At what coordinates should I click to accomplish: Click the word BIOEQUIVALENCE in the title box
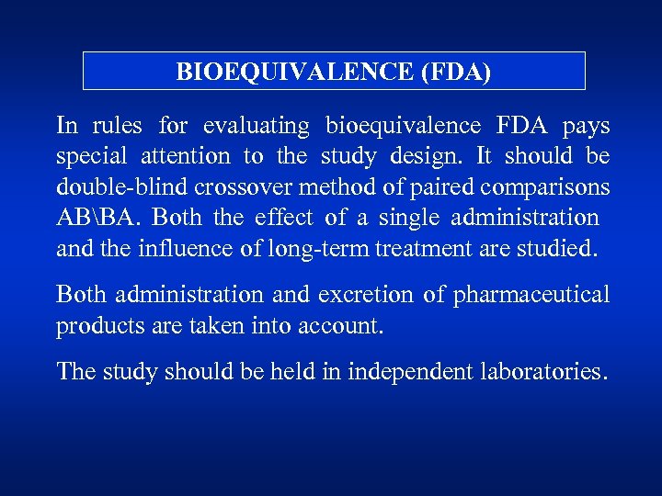click(x=293, y=72)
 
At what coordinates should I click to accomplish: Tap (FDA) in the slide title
click(x=454, y=72)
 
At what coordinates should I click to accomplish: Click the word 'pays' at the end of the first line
click(x=586, y=125)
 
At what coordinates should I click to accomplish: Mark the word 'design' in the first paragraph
click(x=414, y=156)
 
